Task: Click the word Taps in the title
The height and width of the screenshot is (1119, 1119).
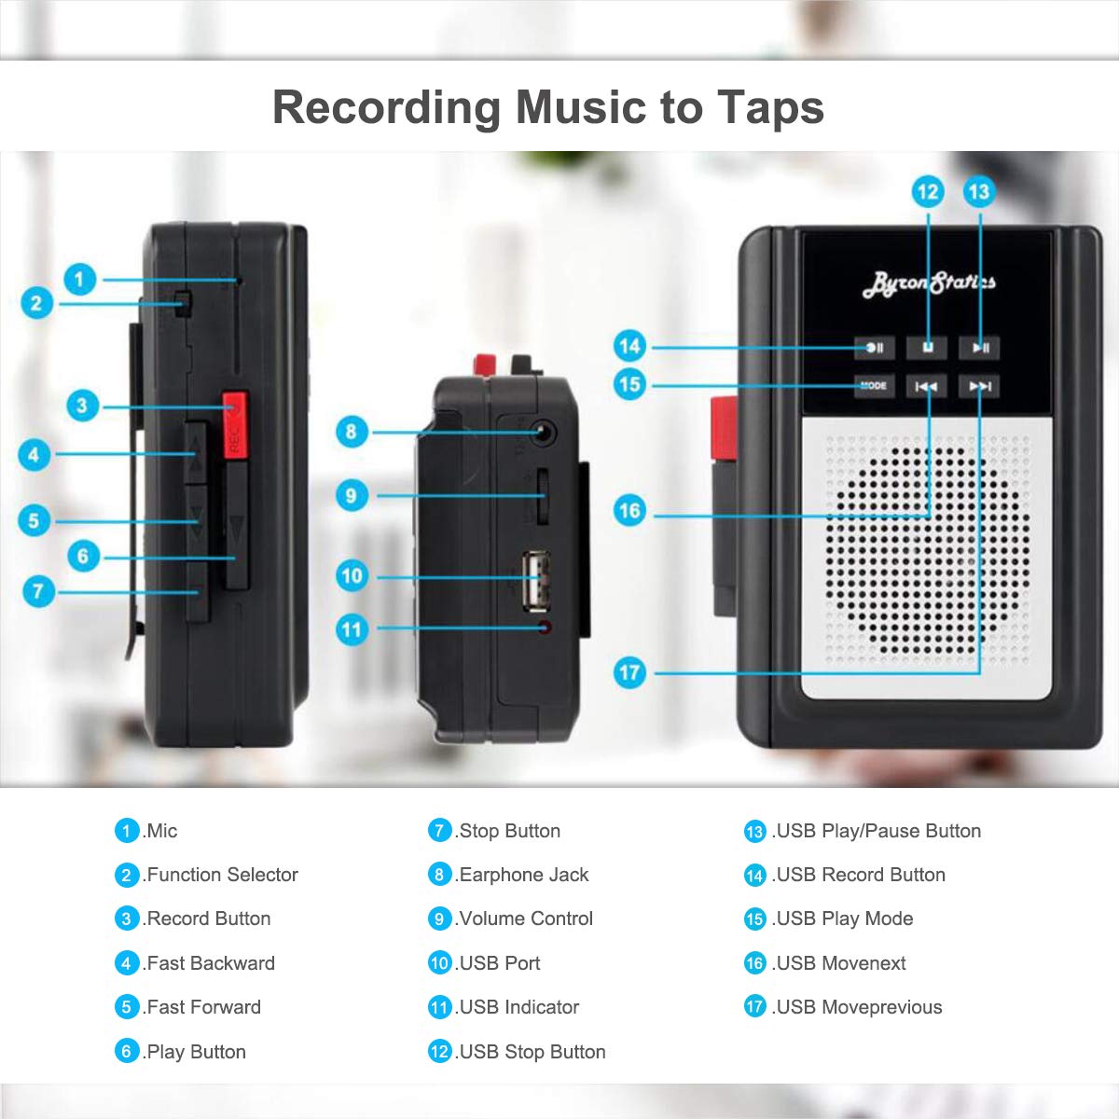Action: [x=770, y=107]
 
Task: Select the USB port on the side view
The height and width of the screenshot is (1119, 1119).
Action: [x=535, y=579]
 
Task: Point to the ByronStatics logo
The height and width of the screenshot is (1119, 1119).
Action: [x=928, y=283]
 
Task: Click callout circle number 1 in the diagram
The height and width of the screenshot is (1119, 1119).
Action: [x=80, y=279]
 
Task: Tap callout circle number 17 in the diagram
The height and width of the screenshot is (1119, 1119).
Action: [x=629, y=672]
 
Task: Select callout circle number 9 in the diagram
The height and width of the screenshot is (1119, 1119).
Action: [x=352, y=495]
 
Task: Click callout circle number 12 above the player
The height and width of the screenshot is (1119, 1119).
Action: [x=928, y=192]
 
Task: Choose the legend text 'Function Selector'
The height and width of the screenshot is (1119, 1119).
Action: [x=222, y=875]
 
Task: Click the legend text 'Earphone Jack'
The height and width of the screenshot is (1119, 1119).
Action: [x=523, y=875]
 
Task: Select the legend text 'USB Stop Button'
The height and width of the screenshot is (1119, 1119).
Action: [x=532, y=1052]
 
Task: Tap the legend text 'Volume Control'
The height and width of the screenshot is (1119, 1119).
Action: [x=525, y=919]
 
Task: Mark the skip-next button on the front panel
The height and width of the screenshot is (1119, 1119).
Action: [x=980, y=386]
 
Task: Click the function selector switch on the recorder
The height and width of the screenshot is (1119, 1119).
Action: [x=183, y=303]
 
